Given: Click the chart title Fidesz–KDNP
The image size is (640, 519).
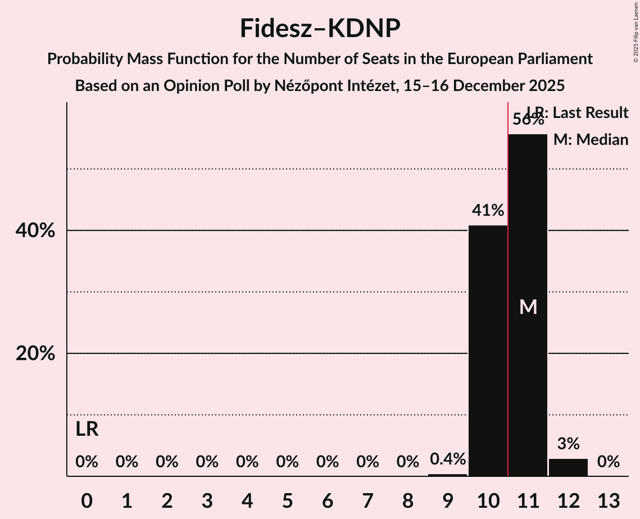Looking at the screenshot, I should [320, 28].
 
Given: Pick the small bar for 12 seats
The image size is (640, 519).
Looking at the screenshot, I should [568, 467].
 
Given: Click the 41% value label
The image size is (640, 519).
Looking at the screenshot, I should [488, 211].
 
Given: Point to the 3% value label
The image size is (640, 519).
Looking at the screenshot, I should [568, 444].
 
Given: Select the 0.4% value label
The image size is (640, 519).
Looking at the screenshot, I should [448, 459].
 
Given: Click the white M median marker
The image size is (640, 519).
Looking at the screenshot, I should [528, 307].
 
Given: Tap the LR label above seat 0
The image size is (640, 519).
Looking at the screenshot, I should [87, 429].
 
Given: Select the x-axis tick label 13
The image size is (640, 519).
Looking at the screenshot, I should [608, 500].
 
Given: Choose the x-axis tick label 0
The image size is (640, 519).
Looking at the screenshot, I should [87, 500].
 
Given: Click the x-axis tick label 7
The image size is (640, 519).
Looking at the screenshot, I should [367, 500].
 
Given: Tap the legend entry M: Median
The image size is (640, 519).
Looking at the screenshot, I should [591, 140].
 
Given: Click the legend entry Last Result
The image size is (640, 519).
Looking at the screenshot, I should [590, 113].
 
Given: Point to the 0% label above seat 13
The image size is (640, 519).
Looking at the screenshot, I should [608, 462].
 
